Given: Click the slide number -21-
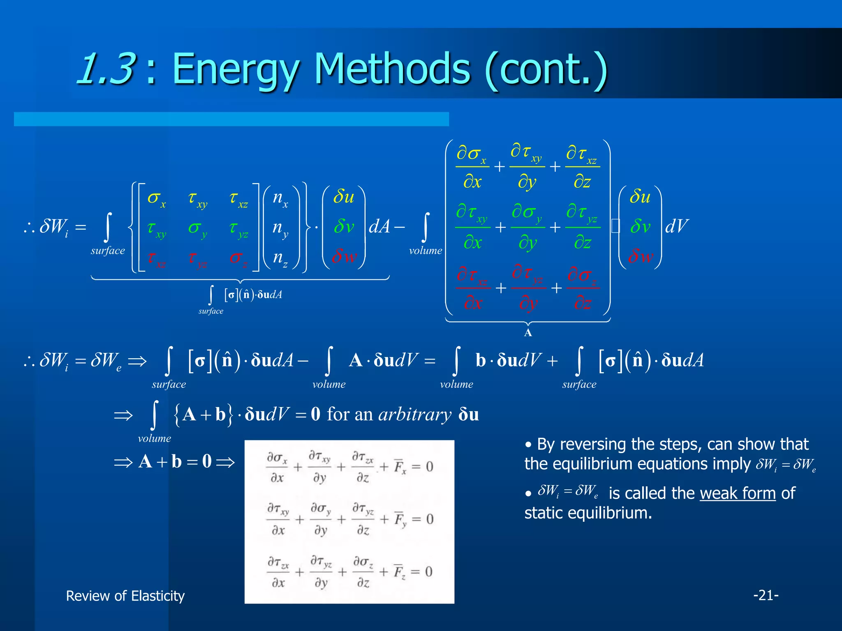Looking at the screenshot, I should [766, 595].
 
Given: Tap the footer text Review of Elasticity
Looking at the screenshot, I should [125, 596].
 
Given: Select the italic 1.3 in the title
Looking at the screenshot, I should [106, 68].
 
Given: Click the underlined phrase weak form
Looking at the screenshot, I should [738, 493].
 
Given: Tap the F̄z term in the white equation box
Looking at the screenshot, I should [399, 572].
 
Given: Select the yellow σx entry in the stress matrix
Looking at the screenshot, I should [156, 198].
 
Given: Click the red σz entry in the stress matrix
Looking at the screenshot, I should [238, 258].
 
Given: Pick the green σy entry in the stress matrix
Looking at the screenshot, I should [197, 228].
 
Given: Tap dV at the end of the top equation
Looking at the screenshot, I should [676, 226].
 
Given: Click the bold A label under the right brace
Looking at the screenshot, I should [528, 333].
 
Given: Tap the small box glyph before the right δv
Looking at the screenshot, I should [615, 226].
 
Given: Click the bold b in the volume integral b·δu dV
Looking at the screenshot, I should [481, 361].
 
